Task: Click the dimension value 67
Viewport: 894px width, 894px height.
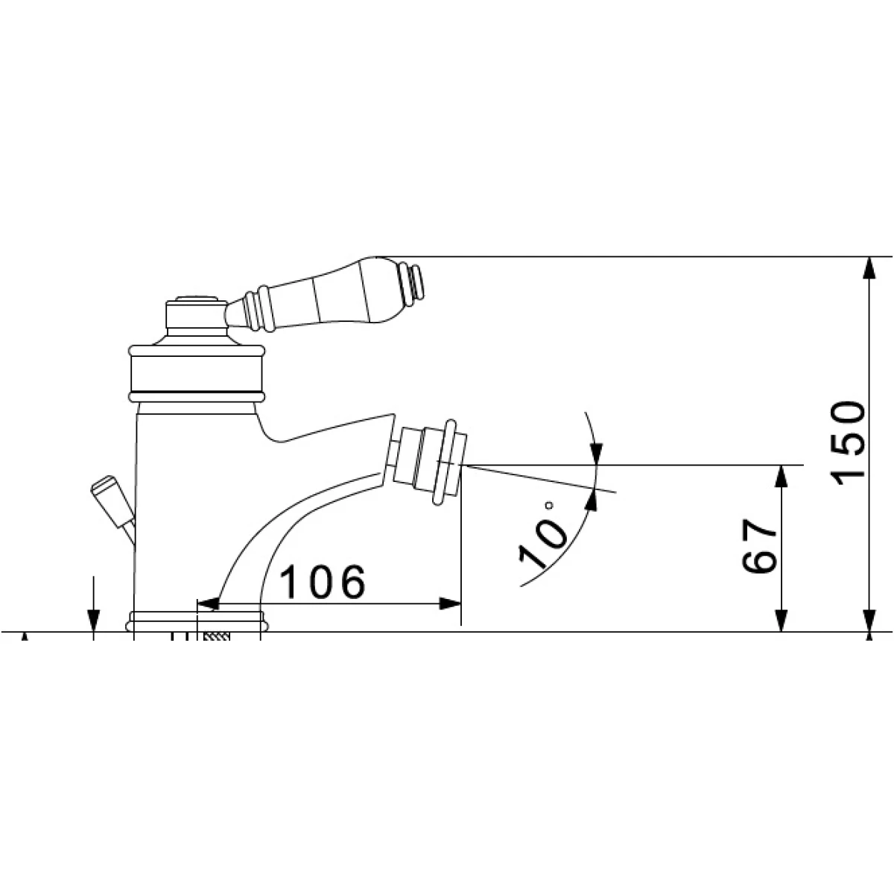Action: tap(759, 546)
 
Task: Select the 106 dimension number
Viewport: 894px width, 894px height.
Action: tap(323, 582)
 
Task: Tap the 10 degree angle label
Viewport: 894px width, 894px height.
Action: tap(542, 544)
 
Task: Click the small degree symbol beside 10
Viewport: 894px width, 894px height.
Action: tap(549, 505)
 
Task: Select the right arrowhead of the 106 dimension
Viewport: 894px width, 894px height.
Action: tap(449, 603)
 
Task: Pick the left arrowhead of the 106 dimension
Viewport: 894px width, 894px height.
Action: tap(209, 603)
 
